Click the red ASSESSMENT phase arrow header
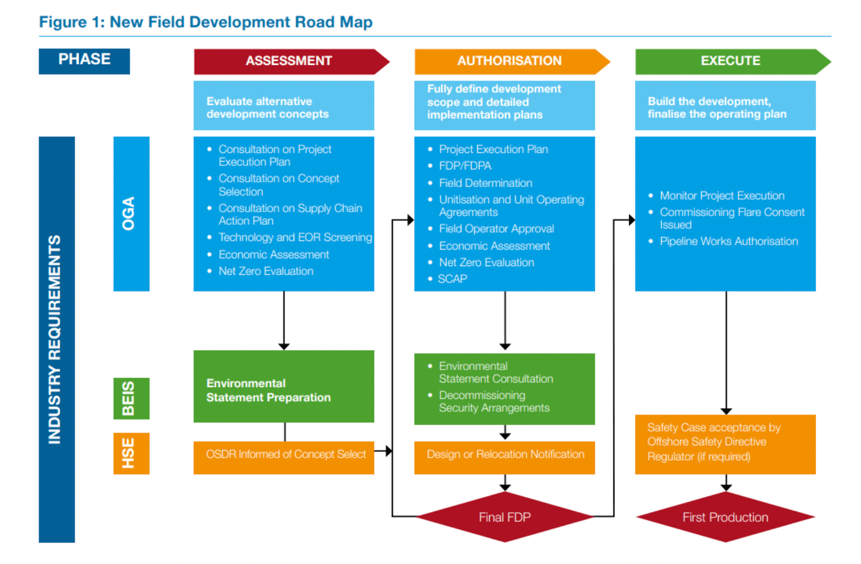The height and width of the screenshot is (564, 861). click(288, 61)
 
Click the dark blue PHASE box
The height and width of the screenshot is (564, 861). click(84, 61)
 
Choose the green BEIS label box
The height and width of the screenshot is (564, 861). click(131, 398)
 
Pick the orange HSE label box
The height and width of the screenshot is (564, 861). click(131, 453)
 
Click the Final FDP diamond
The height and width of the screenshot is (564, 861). click(505, 517)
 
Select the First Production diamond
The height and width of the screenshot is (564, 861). click(725, 517)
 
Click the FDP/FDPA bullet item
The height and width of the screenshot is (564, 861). click(465, 166)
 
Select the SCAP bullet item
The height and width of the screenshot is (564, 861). click(453, 279)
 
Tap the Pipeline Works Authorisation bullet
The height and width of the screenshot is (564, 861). click(729, 241)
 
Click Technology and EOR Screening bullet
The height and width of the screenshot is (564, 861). click(295, 237)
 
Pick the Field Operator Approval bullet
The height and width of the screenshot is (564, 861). click(496, 228)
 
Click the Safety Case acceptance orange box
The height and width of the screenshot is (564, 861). click(725, 443)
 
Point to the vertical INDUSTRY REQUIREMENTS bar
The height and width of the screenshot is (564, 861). click(56, 340)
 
